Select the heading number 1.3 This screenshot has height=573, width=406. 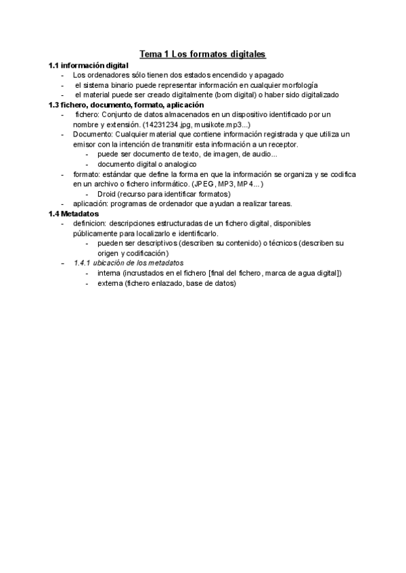pos(54,105)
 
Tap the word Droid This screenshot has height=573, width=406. pos(107,194)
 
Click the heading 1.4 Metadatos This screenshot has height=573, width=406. pos(74,214)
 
